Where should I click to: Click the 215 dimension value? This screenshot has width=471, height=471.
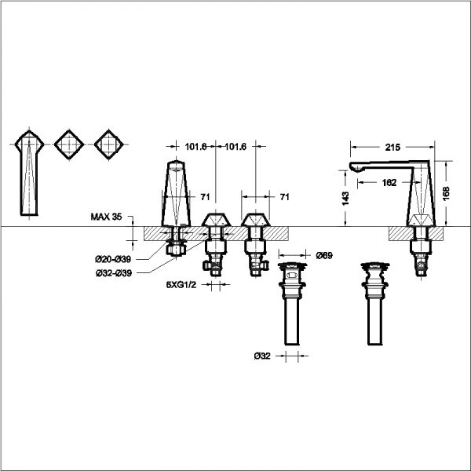pyautogui.click(x=392, y=148)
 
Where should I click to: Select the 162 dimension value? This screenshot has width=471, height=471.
pyautogui.click(x=389, y=183)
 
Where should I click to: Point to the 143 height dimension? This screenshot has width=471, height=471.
pyautogui.click(x=345, y=199)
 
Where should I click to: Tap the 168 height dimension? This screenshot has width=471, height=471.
pyautogui.click(x=446, y=193)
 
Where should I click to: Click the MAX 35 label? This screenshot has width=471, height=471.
pyautogui.click(x=106, y=217)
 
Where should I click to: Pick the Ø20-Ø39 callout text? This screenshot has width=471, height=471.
pyautogui.click(x=113, y=259)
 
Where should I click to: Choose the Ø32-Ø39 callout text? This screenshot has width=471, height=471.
pyautogui.click(x=114, y=273)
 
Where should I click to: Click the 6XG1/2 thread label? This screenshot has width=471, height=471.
pyautogui.click(x=181, y=285)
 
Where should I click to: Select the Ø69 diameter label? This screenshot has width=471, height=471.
pyautogui.click(x=324, y=256)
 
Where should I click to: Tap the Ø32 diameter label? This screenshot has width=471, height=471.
pyautogui.click(x=262, y=356)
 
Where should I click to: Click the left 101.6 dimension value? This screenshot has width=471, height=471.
pyautogui.click(x=195, y=147)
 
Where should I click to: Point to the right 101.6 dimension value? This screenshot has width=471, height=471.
pyautogui.click(x=235, y=147)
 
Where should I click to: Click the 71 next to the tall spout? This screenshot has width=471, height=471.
pyautogui.click(x=205, y=197)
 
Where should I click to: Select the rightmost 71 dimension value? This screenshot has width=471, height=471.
pyautogui.click(x=284, y=197)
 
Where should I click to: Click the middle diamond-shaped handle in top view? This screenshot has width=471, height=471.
pyautogui.click(x=69, y=144)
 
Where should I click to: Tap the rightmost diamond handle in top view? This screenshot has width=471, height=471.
pyautogui.click(x=109, y=144)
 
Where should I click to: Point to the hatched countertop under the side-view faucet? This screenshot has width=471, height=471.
pyautogui.click(x=415, y=233)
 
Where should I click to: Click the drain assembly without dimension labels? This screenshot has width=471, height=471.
pyautogui.click(x=375, y=304)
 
